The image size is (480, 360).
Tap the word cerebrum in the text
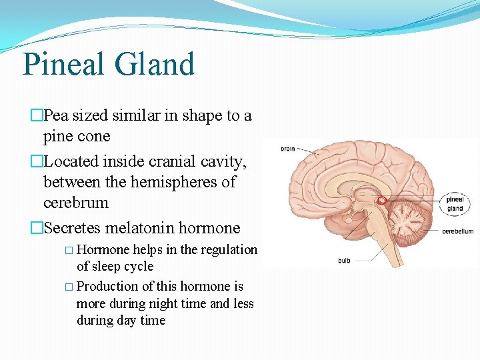[x=75, y=202]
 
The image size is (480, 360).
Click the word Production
[x=108, y=286]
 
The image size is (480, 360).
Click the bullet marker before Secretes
[x=37, y=228]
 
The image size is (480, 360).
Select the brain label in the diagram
[x=287, y=149]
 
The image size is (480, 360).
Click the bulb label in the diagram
[x=344, y=261]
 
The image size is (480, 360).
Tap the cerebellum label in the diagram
[x=457, y=231]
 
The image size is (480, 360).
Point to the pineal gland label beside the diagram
[x=455, y=203]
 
